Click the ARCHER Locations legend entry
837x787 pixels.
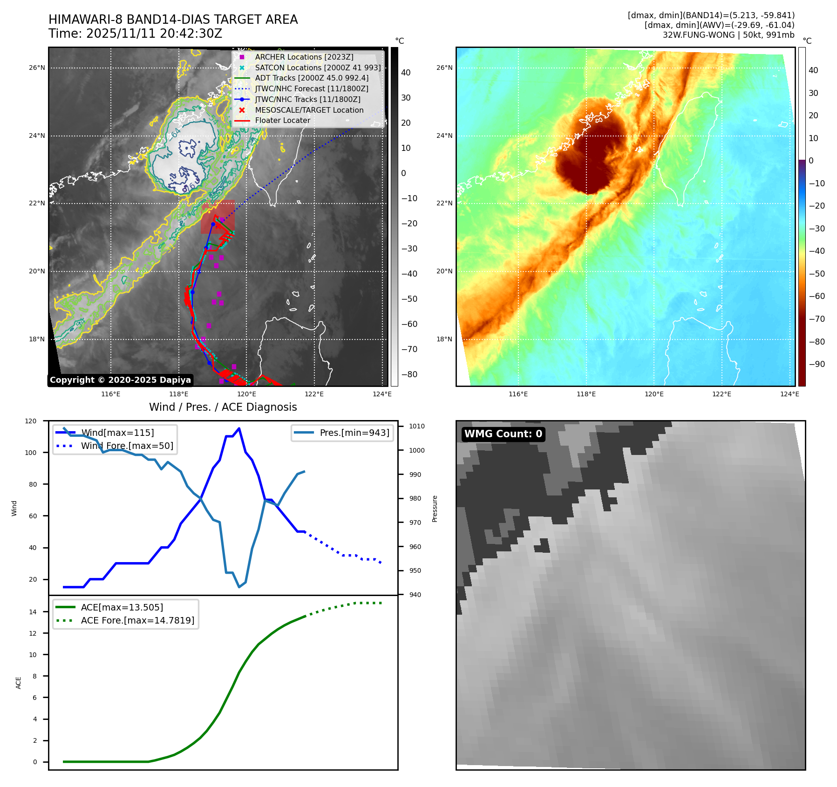(304, 57)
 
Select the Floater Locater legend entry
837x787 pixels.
(282, 120)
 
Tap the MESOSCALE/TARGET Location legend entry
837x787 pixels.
(309, 110)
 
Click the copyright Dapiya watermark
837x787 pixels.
(120, 380)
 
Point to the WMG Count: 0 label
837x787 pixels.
(503, 434)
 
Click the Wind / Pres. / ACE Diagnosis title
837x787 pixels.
(223, 407)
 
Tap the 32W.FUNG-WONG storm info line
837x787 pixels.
(728, 34)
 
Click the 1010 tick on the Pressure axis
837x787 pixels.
(417, 426)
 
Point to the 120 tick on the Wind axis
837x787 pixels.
(31, 421)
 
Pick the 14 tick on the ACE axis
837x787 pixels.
(33, 612)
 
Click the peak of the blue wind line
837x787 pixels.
(239, 428)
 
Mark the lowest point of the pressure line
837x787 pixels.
(239, 587)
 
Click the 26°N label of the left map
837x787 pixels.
(37, 68)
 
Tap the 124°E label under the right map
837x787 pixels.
(789, 394)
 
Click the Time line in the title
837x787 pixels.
(135, 34)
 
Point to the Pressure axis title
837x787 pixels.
(435, 509)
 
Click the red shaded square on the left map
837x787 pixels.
(218, 217)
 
